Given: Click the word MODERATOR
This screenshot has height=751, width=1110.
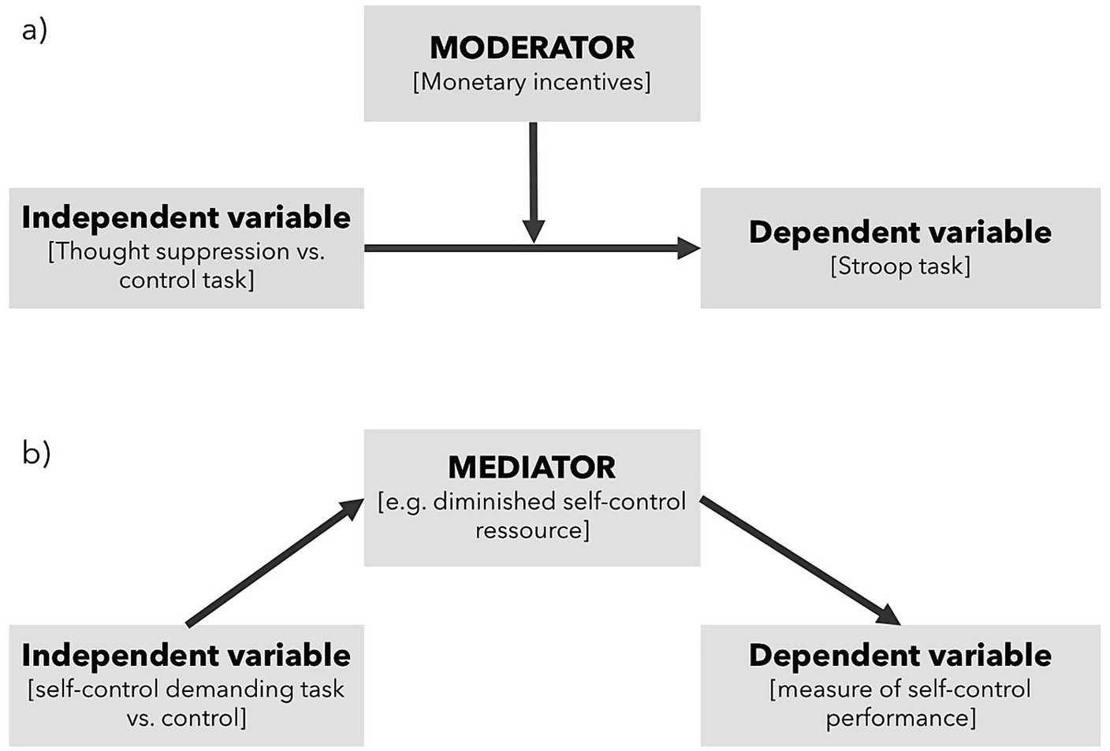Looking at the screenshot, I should (x=531, y=48).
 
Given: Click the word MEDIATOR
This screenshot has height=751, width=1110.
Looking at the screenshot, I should (x=531, y=468).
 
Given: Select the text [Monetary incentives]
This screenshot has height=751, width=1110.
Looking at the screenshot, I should (x=531, y=82).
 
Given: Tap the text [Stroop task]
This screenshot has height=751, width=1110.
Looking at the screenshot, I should (x=900, y=266).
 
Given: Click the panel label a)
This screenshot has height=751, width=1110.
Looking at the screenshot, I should (x=35, y=31).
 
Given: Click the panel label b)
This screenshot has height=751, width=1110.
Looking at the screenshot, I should (x=36, y=453).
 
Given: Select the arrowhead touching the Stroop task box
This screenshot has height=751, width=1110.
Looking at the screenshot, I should (x=687, y=248).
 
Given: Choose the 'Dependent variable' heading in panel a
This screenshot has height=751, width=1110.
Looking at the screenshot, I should (x=900, y=232).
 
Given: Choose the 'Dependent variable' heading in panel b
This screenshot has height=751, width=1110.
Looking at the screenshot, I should (x=900, y=656).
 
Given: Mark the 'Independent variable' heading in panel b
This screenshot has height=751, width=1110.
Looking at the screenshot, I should (x=186, y=656).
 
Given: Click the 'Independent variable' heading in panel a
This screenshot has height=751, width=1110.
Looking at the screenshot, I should (x=186, y=217).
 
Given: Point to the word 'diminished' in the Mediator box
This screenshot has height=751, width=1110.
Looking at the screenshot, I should (x=493, y=502).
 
